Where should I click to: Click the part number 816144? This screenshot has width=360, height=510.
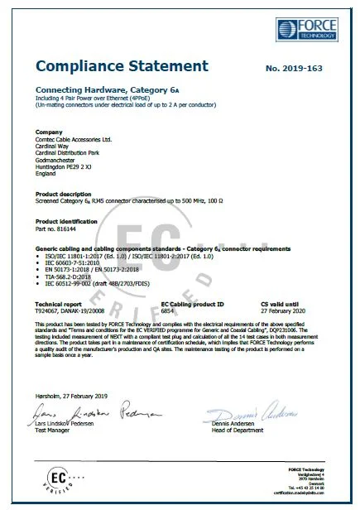point(60,229)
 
